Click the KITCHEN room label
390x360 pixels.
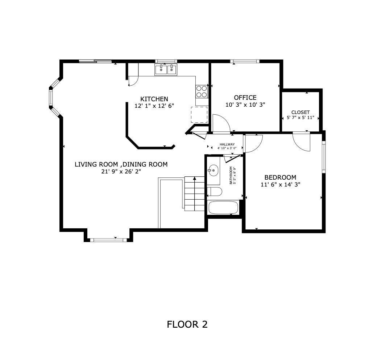[154, 99]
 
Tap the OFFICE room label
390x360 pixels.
[245, 98]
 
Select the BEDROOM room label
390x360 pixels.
[280, 177]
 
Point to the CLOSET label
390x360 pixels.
[300, 112]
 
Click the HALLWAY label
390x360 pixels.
[227, 144]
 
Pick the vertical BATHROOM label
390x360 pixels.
[231, 175]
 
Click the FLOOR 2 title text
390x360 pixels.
[187, 324]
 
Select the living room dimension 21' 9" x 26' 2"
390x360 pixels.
[121, 171]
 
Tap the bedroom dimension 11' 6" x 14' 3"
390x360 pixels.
[280, 184]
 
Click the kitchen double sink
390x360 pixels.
[166, 69]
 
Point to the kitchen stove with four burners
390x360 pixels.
[202, 91]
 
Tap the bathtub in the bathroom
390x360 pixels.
[223, 208]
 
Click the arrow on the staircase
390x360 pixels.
[195, 179]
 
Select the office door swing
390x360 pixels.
[221, 124]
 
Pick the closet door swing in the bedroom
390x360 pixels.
[302, 142]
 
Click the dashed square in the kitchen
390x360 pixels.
[199, 115]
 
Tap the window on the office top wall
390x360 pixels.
[245, 61]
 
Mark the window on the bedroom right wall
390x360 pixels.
[324, 156]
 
